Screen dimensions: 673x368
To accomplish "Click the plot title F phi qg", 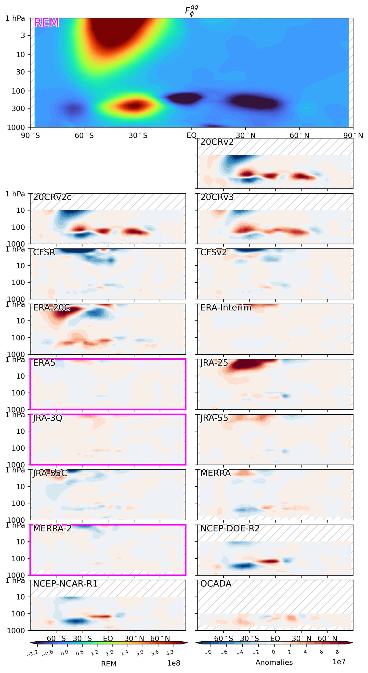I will click(191, 11).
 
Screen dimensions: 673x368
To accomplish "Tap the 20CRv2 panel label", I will click(217, 142).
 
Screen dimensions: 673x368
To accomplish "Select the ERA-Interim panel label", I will click(226, 307).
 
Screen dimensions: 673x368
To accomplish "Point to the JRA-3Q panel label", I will click(47, 418).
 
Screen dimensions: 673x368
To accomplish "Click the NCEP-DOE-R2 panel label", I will click(230, 528).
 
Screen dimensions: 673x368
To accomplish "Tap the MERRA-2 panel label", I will click(52, 528).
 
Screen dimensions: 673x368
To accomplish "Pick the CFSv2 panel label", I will click(213, 252).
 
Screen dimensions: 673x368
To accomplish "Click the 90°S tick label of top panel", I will click(30, 136).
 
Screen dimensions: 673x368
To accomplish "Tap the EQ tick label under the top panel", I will click(191, 136).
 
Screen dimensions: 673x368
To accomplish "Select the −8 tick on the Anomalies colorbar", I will click(208, 653).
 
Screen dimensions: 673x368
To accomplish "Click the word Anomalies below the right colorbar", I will click(274, 662).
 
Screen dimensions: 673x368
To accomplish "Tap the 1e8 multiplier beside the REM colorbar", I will click(173, 663).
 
